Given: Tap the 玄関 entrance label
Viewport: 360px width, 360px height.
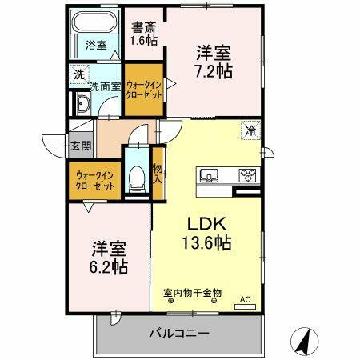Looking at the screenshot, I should point(80,146).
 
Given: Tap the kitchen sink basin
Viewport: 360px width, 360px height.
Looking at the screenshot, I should point(209,175).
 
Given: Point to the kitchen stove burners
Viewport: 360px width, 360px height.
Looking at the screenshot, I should point(246,175).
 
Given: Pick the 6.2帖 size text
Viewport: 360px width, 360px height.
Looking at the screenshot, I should point(109,266).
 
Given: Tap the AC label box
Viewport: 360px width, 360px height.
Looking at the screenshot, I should point(246,301).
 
